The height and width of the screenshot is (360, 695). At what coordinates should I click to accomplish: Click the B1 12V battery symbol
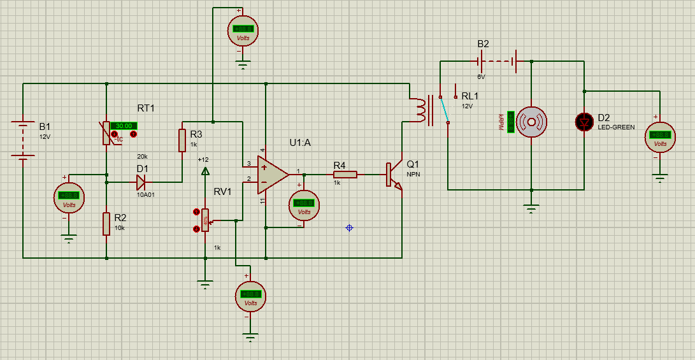point(23,140)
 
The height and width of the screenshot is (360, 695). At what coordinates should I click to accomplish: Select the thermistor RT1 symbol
point(106,133)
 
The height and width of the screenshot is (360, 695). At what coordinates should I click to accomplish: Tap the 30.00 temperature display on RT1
point(124,126)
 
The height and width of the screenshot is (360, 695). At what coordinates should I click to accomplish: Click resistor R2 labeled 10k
point(106,224)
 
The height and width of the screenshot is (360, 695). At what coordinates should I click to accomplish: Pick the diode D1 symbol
point(141,182)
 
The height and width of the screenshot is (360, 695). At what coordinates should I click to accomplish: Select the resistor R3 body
point(182,140)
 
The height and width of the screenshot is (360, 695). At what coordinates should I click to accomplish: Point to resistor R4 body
point(345,174)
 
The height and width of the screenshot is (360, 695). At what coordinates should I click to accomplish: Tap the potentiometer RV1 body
point(205,219)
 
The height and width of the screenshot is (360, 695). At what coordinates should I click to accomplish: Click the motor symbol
point(531,121)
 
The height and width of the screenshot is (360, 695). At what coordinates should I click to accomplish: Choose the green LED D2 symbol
point(584,122)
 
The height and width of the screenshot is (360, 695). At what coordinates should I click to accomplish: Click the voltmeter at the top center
point(243,29)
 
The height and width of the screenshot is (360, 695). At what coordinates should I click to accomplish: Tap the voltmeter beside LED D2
point(661,136)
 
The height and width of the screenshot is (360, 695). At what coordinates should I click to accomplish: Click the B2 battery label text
point(484,44)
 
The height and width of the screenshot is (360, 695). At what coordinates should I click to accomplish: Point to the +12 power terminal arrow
point(205,171)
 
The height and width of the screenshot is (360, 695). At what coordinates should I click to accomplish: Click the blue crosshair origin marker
point(349,227)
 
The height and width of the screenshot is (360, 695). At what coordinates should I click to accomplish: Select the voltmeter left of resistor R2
point(69,196)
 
